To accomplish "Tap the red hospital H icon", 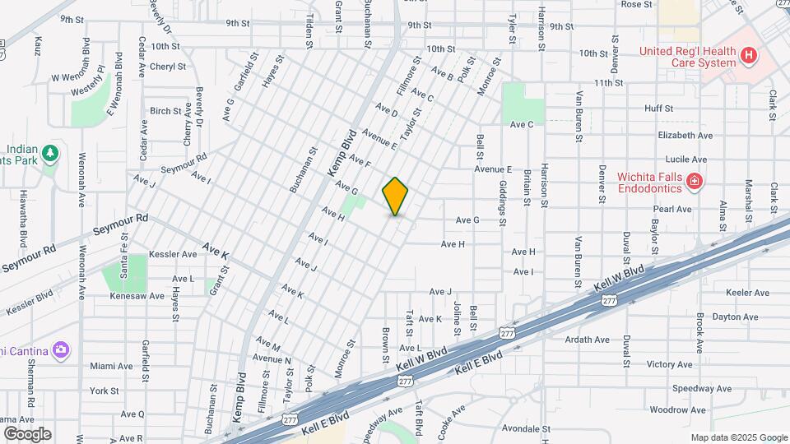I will tap(748, 56).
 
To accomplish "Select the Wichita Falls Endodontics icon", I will tap(695, 180).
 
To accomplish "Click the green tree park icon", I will tap(51, 153).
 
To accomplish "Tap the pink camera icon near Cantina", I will tap(60, 351).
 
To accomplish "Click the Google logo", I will tap(27, 433).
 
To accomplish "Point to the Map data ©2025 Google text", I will tap(738, 437).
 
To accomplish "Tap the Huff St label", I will tap(658, 108).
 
